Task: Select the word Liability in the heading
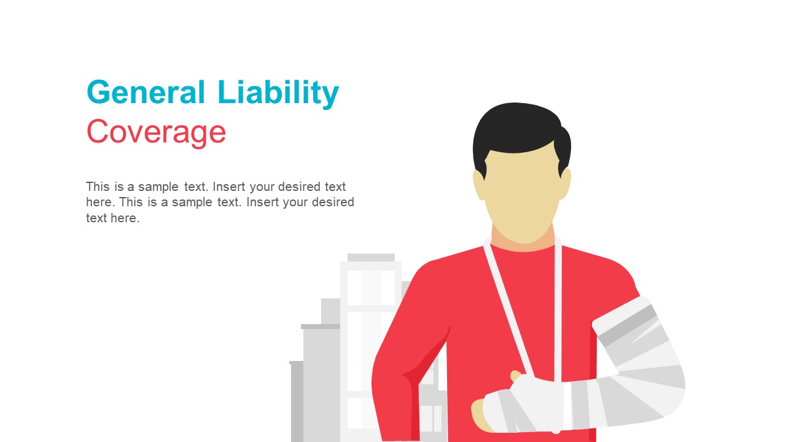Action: [278, 93]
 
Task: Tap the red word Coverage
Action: [156, 132]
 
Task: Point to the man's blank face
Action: [522, 196]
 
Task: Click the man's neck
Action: [523, 243]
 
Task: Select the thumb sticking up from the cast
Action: [516, 376]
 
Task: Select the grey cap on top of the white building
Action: [371, 257]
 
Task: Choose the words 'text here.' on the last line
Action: [113, 218]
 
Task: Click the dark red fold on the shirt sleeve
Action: [424, 362]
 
